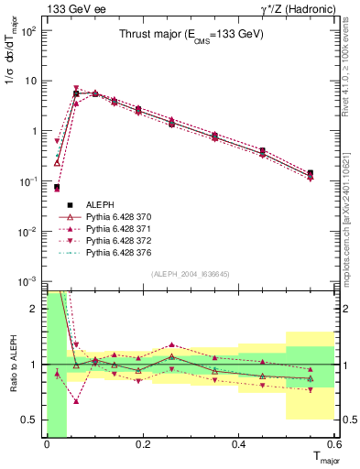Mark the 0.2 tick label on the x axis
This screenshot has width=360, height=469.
click(142, 446)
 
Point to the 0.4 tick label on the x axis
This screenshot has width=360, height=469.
click(238, 446)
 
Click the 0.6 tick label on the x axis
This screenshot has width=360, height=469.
click(333, 446)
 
